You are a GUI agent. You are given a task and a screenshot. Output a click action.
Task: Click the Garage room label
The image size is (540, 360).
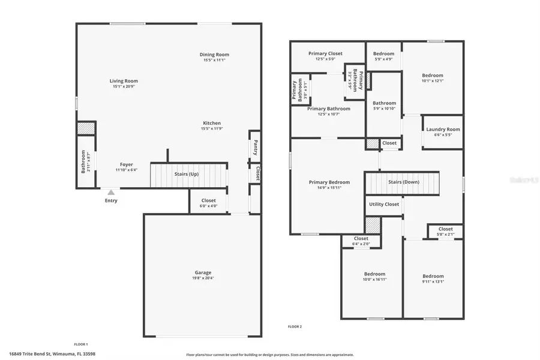coord(202,272)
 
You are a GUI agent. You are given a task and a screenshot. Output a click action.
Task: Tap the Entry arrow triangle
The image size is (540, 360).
coord(111,193)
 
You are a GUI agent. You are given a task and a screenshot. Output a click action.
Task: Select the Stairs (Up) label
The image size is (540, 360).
coord(186,174)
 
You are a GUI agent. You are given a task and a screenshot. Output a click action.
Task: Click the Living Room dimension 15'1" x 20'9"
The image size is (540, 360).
coord(124,87)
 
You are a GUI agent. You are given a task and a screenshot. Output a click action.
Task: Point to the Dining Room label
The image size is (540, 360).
coord(214,55)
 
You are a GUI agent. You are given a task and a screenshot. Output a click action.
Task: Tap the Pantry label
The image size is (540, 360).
coord(255,147)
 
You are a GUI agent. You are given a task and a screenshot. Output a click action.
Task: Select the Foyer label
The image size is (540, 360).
coord(126,164)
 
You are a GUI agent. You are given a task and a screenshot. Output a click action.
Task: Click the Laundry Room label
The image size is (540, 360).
coord(443,129)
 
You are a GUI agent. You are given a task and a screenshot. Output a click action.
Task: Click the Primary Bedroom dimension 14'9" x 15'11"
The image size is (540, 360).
coord(329,188)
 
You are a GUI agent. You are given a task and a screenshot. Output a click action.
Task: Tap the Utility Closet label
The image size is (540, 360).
coord(384,204)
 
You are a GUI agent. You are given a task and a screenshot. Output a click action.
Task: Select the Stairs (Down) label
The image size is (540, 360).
coord(403,182)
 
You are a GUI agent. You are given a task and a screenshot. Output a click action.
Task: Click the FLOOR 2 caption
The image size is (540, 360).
coord(295,326)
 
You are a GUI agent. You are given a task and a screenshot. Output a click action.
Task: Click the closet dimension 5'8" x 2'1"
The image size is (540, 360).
coord(445,234)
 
